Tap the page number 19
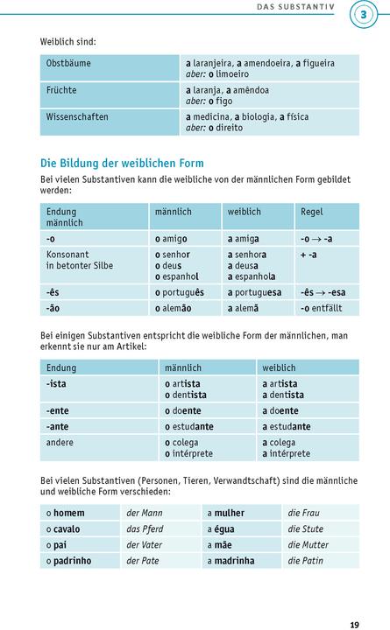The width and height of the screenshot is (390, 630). [354, 600]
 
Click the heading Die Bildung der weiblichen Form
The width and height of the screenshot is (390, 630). [122, 163]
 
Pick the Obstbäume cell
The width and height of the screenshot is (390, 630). [68, 64]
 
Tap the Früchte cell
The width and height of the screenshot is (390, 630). [61, 90]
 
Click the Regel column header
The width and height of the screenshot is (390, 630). [311, 212]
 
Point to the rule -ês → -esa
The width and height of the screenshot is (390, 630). [322, 291]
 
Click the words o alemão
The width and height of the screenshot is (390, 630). [180, 308]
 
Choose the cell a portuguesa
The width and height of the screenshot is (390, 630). [254, 291]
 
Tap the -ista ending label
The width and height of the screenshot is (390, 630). [58, 384]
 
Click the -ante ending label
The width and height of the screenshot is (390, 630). [59, 426]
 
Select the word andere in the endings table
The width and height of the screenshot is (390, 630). [61, 443]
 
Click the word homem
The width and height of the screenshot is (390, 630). [68, 513]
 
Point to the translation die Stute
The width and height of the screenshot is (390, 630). [306, 528]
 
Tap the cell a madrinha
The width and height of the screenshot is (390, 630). [230, 561]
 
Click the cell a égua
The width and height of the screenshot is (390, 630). [223, 528]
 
